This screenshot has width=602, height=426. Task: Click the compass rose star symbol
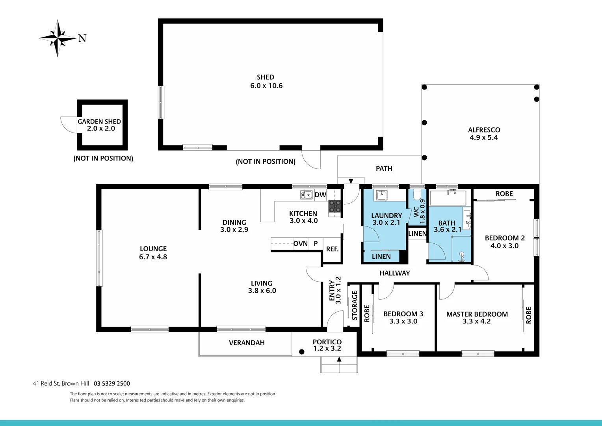[58, 38]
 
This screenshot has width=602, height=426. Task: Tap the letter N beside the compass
[82, 38]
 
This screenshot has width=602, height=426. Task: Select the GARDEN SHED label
[99, 121]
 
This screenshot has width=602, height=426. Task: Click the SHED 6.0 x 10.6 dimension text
[266, 86]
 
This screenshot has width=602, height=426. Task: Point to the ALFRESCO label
[484, 130]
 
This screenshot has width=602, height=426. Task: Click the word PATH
[384, 168]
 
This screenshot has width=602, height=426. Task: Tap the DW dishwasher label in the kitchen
[320, 195]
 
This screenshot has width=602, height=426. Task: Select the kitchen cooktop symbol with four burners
[335, 206]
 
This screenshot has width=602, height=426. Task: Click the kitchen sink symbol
[306, 194]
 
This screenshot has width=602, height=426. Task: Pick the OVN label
[300, 244]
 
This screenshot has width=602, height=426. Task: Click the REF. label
[332, 249]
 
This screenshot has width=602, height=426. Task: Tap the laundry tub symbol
[381, 195]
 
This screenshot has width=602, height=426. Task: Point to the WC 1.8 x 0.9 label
[420, 212]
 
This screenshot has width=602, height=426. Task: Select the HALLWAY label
[394, 273]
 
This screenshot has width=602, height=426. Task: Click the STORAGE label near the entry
[355, 305]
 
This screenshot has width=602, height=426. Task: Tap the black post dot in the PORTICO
[302, 351]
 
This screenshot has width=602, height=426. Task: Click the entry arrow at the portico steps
[339, 359]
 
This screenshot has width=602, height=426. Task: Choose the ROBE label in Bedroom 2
[504, 194]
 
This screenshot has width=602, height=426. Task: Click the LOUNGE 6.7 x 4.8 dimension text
[153, 257]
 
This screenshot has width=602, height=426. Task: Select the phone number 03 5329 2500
[112, 383]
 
